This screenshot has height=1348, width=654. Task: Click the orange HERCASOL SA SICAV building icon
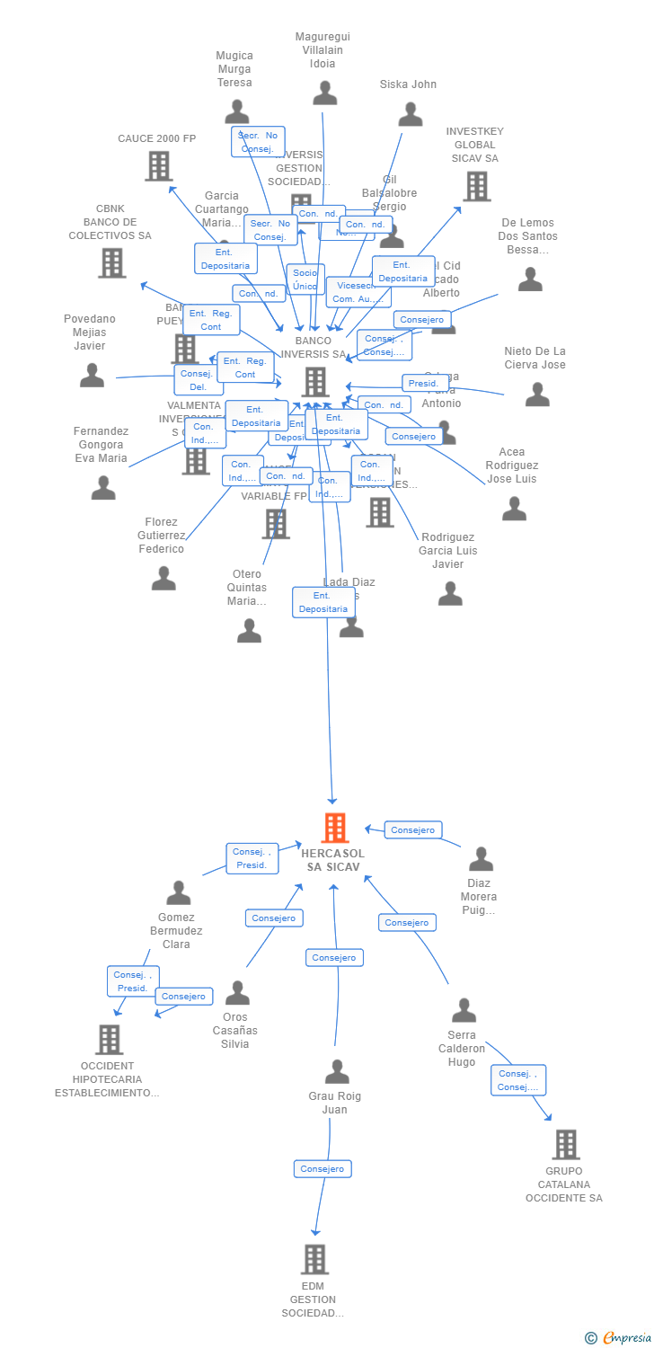coord(334,828)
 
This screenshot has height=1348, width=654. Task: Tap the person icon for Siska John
coord(411,114)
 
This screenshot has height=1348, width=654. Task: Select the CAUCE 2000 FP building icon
coord(159,166)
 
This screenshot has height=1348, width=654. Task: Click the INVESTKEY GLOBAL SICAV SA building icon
coord(476,186)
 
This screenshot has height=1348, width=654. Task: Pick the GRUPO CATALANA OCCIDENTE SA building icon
coord(566,1144)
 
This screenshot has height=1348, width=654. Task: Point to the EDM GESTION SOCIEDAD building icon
coord(314,1259)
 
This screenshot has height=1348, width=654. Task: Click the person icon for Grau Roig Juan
coord(337,1071)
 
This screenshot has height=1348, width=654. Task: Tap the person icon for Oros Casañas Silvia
coord(237,992)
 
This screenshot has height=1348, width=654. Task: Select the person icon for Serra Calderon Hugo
coord(464,1010)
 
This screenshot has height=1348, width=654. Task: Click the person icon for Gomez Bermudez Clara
coord(179,892)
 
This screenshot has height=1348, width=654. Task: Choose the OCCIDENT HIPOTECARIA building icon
coord(109,1040)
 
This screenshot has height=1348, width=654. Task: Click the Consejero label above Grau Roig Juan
coord(334,958)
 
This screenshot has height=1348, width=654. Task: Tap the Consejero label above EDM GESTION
coord(323,1169)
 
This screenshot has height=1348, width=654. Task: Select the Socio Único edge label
coord(305,279)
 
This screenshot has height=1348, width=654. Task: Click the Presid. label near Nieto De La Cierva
coord(424,384)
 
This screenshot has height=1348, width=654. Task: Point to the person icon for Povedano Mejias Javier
coord(92,375)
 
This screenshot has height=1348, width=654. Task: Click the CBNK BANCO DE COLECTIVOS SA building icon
coord(112,262)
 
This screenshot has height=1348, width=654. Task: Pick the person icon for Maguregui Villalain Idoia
coord(324,93)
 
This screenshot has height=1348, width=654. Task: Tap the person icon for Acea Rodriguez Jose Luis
coord(514,509)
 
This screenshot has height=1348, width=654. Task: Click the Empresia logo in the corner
coord(620,1338)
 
